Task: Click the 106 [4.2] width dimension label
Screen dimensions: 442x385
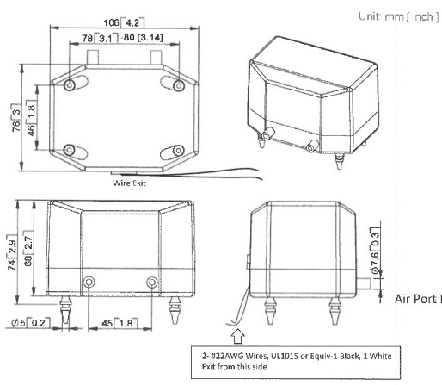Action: click(124, 22)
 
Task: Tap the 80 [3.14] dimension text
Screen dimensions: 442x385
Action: click(143, 38)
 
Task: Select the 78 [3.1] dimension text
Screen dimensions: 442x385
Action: click(100, 38)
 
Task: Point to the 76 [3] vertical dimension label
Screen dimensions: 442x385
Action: click(16, 118)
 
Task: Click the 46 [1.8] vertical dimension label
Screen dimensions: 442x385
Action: click(31, 118)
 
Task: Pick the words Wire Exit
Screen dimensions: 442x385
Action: click(130, 183)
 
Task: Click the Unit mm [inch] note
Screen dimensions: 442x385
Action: click(398, 16)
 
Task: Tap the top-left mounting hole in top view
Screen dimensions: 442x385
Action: click(70, 84)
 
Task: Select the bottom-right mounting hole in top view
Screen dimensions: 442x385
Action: click(178, 150)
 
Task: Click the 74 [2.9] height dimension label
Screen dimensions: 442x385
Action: click(12, 252)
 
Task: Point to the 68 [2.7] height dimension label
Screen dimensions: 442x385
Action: click(28, 248)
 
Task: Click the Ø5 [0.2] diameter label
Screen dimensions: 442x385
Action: click(31, 323)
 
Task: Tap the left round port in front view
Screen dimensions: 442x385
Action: click(89, 282)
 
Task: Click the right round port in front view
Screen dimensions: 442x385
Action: click(152, 282)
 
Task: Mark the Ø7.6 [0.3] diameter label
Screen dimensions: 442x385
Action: click(375, 251)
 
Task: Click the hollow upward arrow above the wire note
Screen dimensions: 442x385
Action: click(238, 336)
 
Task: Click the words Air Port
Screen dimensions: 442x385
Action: click(415, 299)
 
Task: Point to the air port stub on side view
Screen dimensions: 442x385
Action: click(363, 283)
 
